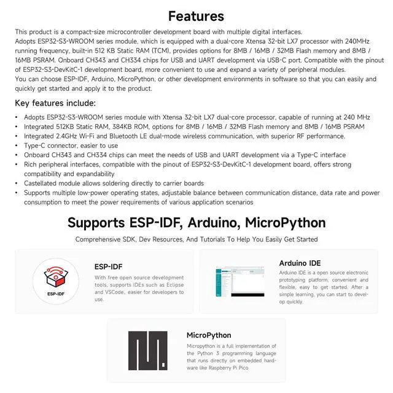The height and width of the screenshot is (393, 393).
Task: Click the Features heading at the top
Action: click(196, 16)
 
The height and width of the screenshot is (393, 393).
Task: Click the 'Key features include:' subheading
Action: click(55, 103)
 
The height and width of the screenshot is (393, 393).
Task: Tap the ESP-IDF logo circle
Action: click(56, 280)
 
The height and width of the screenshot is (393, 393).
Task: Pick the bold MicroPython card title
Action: click(209, 335)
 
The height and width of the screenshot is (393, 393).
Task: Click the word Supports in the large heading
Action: click(104, 222)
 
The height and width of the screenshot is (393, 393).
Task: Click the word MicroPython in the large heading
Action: click(287, 222)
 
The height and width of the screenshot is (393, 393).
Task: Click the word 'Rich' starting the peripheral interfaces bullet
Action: click(30, 165)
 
